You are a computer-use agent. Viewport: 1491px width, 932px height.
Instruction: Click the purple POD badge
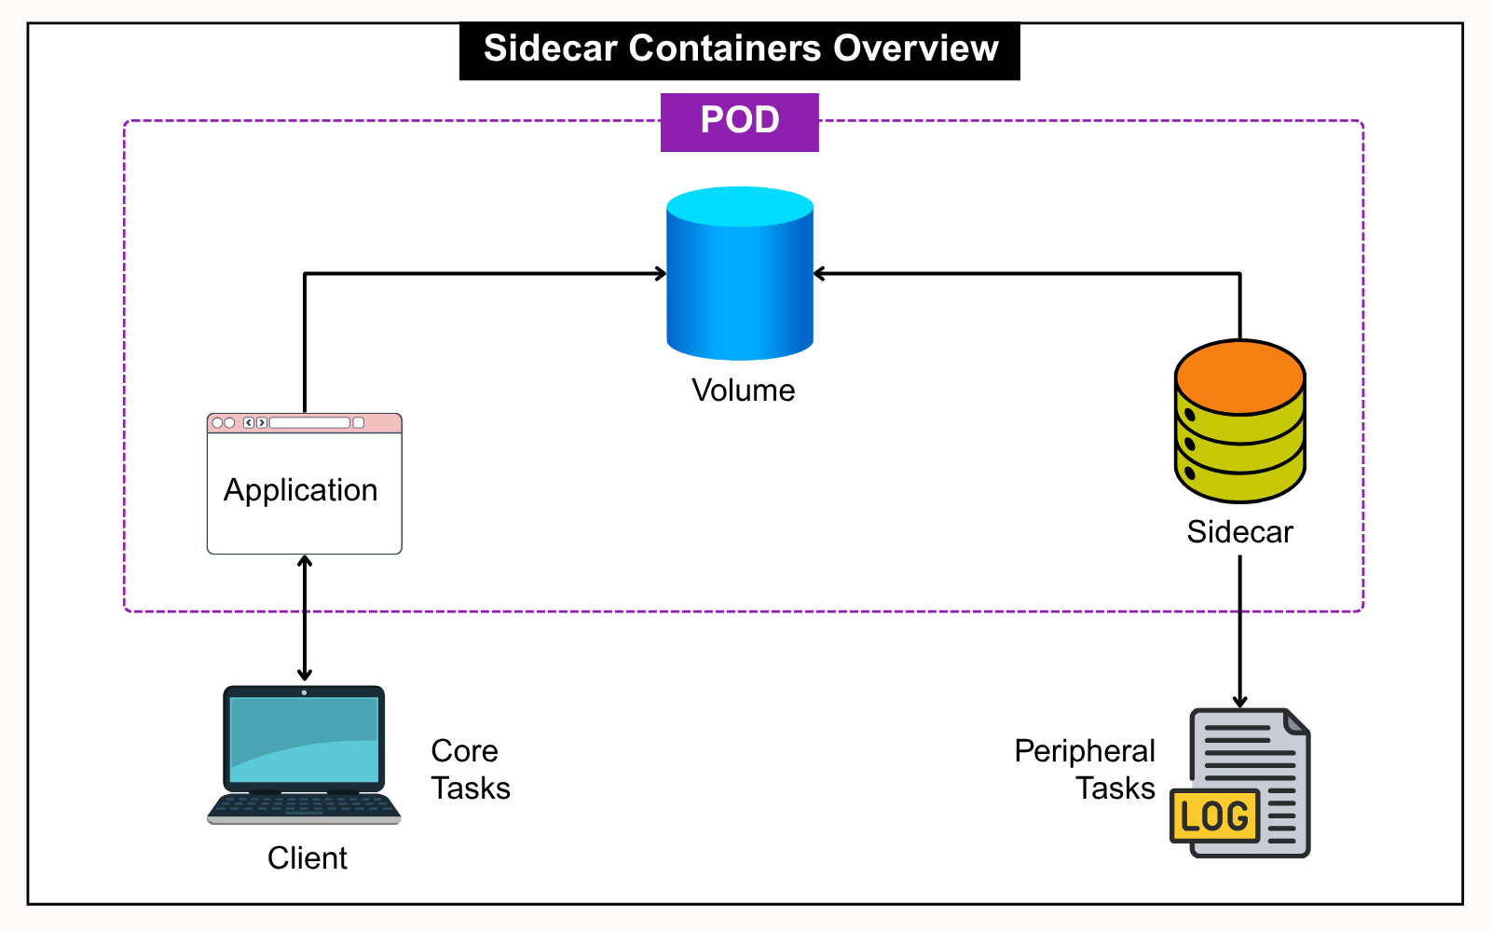[x=739, y=121]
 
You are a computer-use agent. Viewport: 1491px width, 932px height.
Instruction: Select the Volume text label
[x=743, y=391]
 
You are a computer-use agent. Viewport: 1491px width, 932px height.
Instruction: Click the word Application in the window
[x=300, y=490]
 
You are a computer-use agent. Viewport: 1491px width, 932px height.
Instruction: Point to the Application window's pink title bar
[x=304, y=423]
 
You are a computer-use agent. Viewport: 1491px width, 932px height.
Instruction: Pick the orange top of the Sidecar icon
[x=1239, y=377]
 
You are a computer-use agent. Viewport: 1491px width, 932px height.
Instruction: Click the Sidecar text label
[x=1239, y=532]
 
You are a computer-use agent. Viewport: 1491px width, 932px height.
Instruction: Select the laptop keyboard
[x=304, y=806]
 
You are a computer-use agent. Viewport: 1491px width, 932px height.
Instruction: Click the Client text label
[x=307, y=858]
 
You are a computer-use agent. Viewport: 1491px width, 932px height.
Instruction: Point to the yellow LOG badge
[x=1214, y=816]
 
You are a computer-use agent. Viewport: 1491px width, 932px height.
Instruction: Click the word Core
[x=464, y=751]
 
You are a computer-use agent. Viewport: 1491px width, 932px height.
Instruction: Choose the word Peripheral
[x=1084, y=751]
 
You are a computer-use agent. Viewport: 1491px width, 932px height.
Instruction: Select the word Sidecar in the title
[x=551, y=48]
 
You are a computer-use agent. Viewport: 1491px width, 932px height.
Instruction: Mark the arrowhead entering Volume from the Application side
[x=661, y=274]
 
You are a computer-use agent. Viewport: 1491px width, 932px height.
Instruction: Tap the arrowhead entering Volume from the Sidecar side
[x=820, y=274]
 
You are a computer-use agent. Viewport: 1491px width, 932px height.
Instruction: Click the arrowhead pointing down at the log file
[x=1239, y=702]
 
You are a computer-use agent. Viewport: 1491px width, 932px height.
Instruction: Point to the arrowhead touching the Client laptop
[x=305, y=675]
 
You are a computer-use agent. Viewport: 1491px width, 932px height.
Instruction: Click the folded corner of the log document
[x=1295, y=721]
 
